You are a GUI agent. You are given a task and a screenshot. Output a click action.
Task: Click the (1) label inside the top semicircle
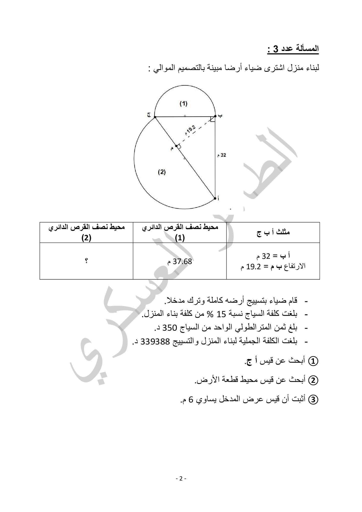(183, 103)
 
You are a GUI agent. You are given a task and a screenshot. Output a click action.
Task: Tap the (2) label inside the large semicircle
(162, 172)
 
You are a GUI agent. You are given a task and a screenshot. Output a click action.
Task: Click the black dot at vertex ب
(215, 116)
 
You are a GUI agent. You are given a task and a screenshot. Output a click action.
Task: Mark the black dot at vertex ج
(155, 117)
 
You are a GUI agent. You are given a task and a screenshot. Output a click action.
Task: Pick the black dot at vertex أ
(215, 198)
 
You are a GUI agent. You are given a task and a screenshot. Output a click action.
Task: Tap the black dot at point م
(176, 146)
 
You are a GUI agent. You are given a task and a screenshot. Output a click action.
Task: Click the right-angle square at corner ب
(213, 119)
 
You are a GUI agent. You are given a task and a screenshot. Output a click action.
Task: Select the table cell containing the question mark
(86, 261)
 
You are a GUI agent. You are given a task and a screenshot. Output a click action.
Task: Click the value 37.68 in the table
(182, 261)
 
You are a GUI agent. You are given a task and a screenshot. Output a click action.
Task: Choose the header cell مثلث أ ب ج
(273, 232)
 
